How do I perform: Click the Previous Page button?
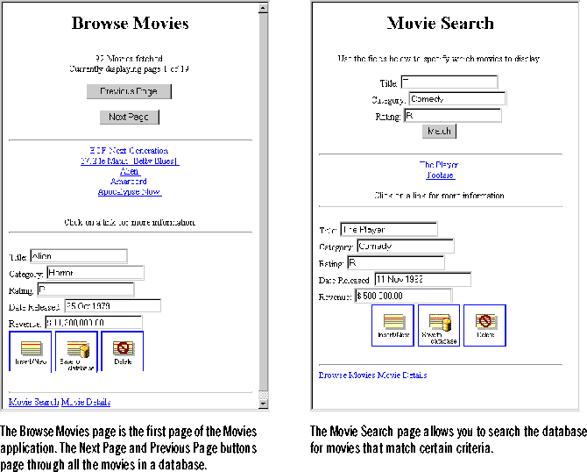(129, 91)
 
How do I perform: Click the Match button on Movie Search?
(439, 131)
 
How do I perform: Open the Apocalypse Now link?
(129, 191)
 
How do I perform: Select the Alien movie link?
(130, 171)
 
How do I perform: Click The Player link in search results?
(439, 165)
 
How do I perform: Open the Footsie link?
(440, 175)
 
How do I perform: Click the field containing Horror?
(89, 272)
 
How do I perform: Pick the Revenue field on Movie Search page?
(402, 296)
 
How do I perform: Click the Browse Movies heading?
(130, 23)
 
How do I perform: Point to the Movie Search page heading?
(440, 23)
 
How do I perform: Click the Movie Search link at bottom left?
(33, 402)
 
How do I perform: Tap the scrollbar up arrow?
(262, 9)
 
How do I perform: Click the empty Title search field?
(449, 82)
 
